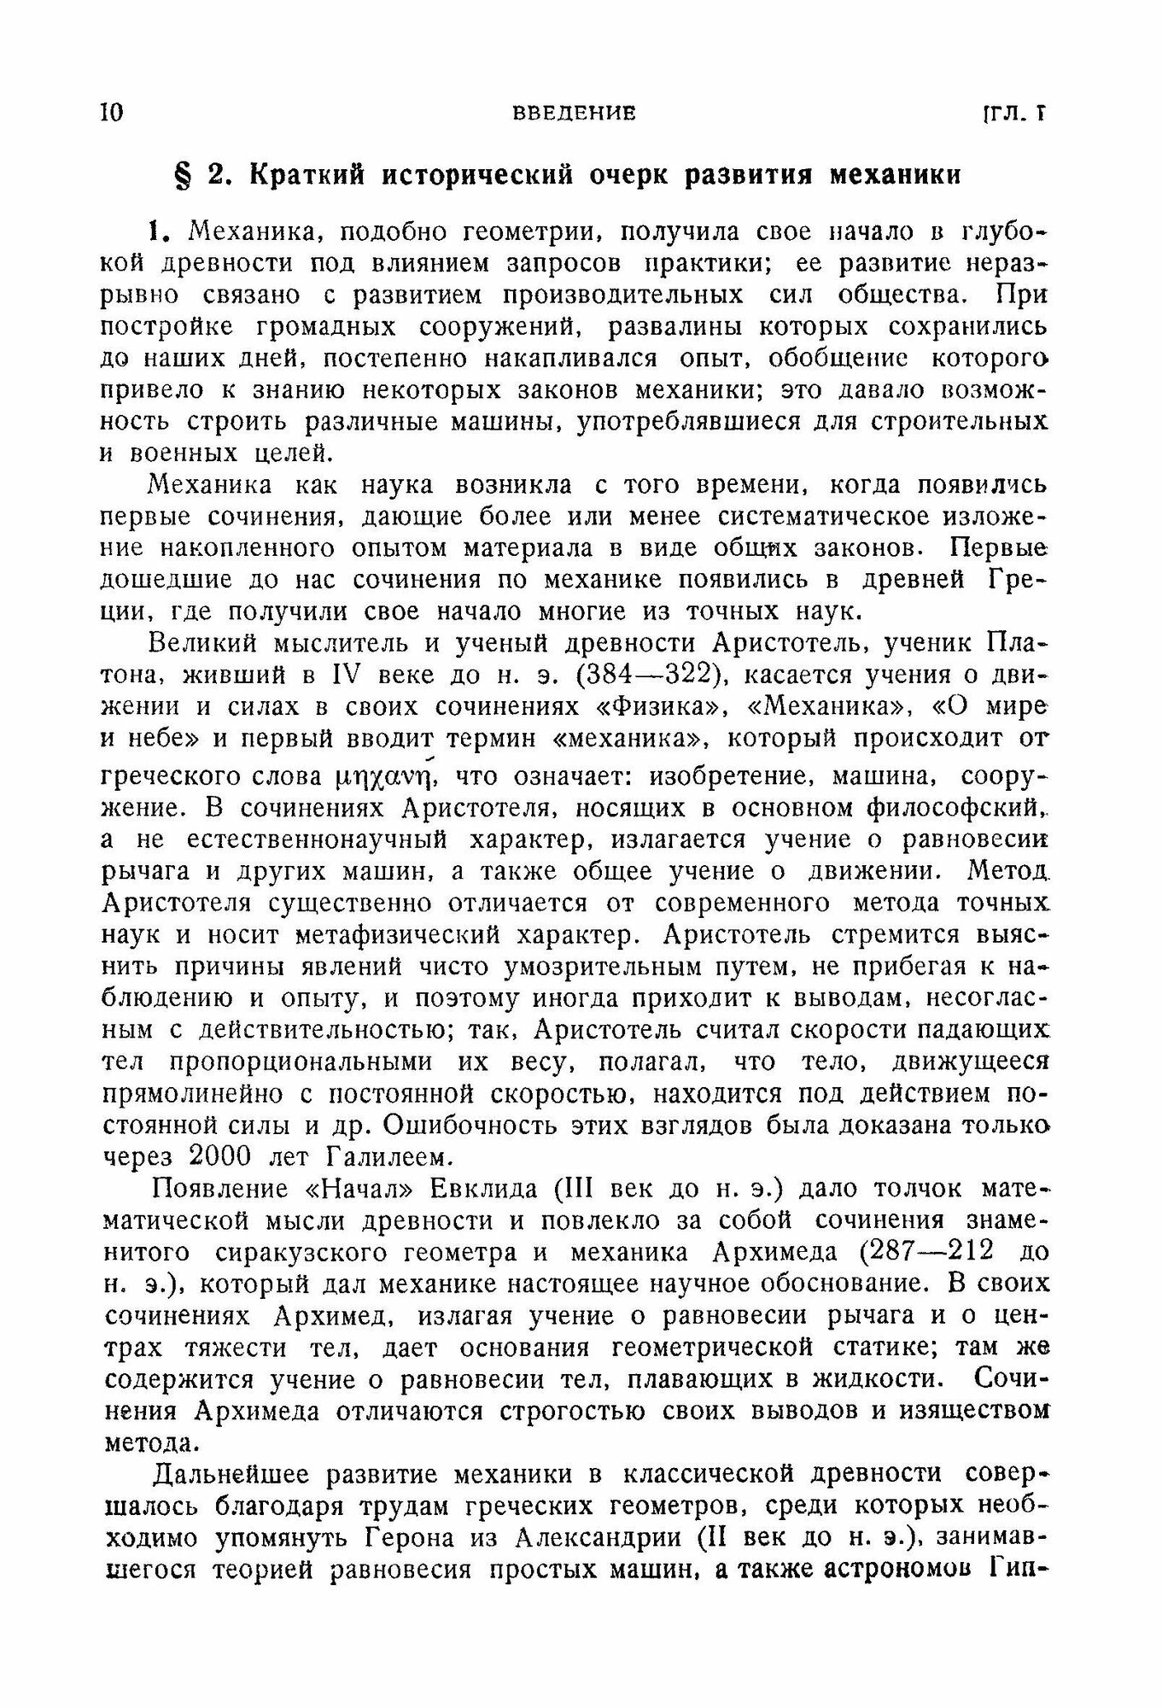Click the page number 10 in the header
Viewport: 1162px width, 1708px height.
pyautogui.click(x=112, y=114)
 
